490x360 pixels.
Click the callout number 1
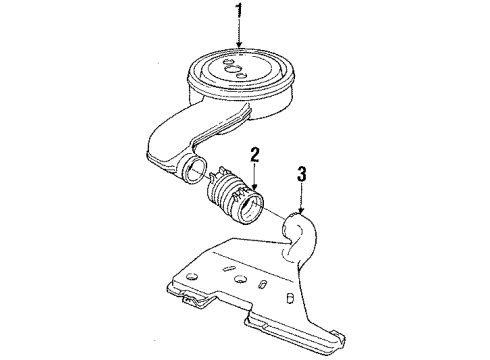239,13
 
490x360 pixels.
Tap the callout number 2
256,157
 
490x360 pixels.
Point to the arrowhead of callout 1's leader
239,48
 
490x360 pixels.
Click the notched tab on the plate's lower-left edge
193,295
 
